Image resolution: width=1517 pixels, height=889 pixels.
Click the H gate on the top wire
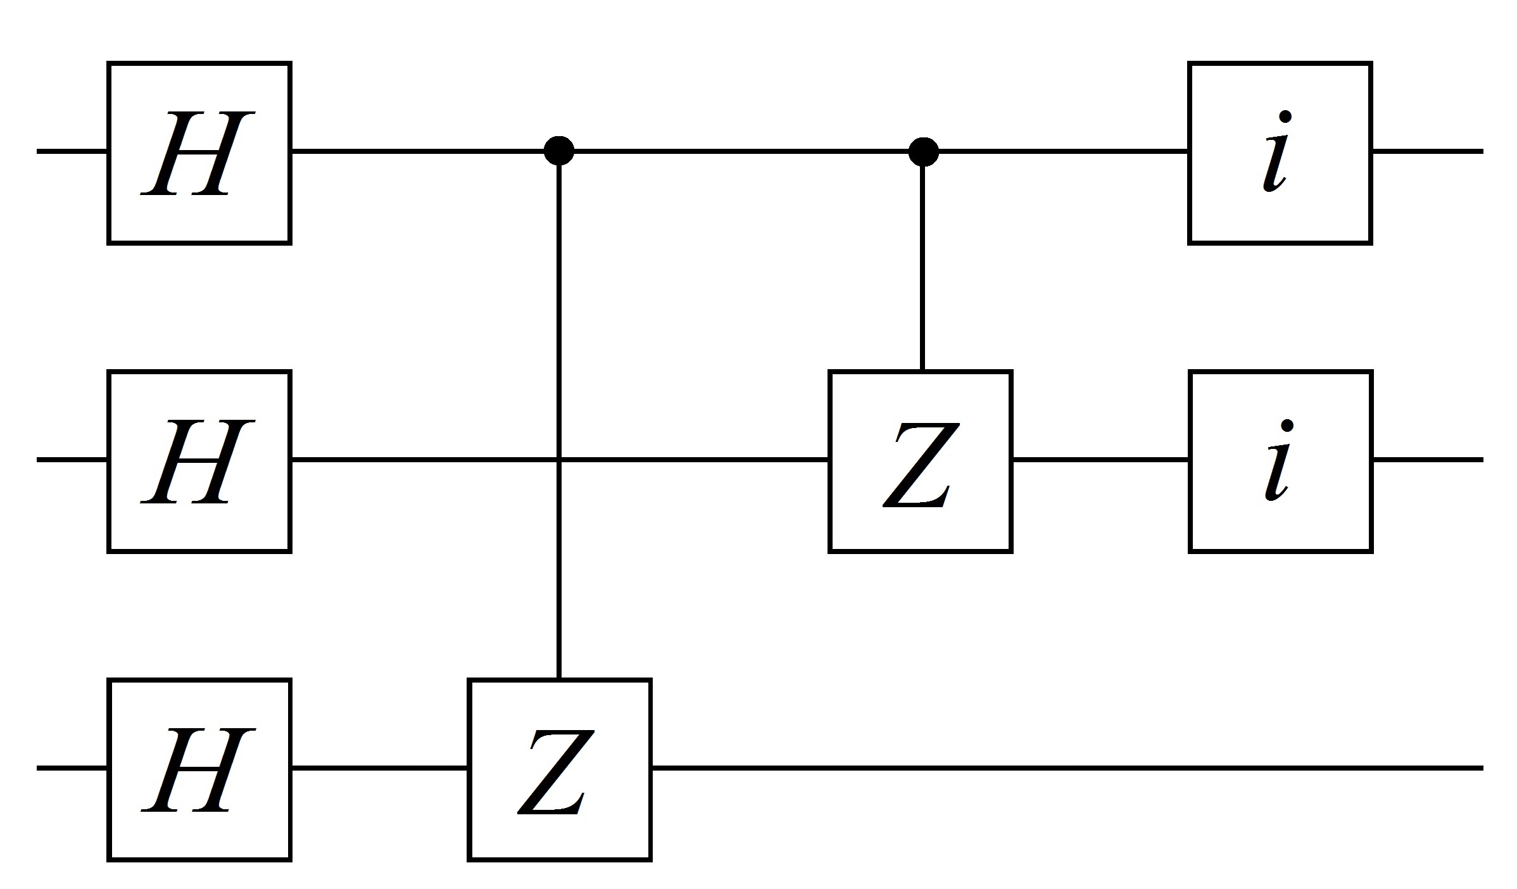click(199, 153)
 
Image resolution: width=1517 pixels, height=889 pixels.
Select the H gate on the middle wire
click(199, 461)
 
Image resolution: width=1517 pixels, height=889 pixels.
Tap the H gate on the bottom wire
click(199, 769)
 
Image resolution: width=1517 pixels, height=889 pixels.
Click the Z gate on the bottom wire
click(559, 769)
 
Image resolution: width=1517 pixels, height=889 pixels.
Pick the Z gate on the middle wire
click(920, 461)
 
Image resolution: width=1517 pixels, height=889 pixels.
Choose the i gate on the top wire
click(1280, 153)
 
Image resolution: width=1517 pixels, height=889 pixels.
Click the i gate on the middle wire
click(1280, 461)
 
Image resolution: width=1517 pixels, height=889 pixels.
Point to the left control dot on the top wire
click(559, 151)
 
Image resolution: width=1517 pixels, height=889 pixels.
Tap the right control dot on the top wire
click(923, 151)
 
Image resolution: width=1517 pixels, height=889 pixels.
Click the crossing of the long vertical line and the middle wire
click(559, 459)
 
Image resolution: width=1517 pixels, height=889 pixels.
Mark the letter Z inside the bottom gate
click(556, 771)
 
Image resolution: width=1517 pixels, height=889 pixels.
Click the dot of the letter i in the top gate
click(1285, 117)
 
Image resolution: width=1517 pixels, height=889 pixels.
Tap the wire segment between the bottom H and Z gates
click(379, 768)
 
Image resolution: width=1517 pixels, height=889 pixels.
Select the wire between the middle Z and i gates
click(1100, 460)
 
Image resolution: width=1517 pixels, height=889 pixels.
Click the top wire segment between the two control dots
click(741, 151)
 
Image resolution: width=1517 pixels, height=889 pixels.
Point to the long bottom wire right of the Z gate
click(1064, 768)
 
